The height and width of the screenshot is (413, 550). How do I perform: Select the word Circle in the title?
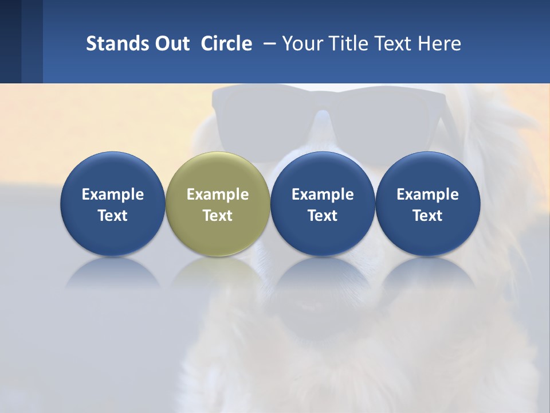226,44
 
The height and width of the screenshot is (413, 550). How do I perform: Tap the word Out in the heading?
171,44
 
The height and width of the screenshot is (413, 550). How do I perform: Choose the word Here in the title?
439,44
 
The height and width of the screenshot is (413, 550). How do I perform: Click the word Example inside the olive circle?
218,194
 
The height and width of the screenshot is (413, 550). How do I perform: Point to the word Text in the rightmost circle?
428,216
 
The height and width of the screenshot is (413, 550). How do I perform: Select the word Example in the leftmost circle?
112,194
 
